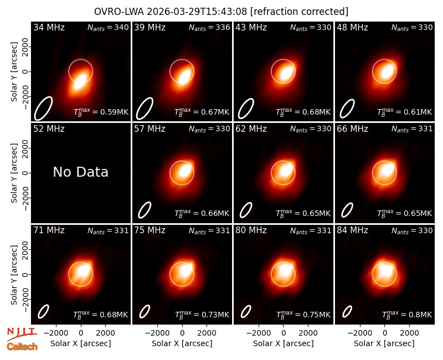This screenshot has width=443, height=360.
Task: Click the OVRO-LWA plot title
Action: pos(221,12)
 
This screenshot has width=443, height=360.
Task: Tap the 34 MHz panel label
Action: pos(49,27)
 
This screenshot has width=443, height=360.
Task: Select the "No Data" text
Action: pos(80,172)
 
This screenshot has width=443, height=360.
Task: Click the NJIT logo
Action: pos(22,335)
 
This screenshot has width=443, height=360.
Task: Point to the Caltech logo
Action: pos(22,347)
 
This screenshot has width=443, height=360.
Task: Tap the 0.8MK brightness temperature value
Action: pos(420,315)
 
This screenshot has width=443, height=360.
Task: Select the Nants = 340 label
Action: pos(108,27)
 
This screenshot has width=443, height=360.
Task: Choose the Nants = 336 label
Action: pos(209,27)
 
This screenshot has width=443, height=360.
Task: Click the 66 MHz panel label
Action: pos(352,129)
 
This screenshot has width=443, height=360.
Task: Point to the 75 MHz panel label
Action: pos(150,230)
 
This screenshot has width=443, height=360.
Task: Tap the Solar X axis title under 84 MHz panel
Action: pos(384,343)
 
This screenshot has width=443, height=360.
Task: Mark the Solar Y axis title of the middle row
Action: pos(14,173)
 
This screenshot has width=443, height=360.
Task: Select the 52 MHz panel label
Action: pos(49,129)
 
